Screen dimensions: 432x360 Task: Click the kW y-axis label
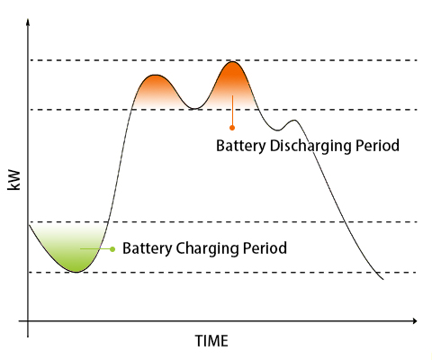[13, 180]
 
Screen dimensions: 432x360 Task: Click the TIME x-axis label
[211, 341]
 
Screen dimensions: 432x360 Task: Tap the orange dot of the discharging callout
[232, 128]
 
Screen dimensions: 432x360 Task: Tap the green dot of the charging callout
[112, 249]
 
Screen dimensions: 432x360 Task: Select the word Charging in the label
[207, 249]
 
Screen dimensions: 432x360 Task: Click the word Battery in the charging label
[147, 248]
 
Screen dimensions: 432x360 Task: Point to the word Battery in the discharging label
[240, 146]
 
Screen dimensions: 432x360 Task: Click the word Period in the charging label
[265, 248]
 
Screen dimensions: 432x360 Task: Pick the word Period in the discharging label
[377, 146]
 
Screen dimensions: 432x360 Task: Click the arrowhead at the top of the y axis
[28, 22]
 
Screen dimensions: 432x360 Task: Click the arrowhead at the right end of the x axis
[414, 321]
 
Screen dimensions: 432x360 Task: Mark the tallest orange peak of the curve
[232, 61]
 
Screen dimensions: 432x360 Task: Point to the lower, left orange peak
[155, 75]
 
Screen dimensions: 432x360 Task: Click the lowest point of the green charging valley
[76, 272]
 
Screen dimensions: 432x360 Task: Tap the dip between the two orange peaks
[194, 109]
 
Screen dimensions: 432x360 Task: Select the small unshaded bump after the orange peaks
[294, 121]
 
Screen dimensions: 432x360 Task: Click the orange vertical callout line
[232, 111]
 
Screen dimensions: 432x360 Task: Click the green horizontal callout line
[95, 249]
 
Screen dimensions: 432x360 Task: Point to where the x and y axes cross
[28, 321]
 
